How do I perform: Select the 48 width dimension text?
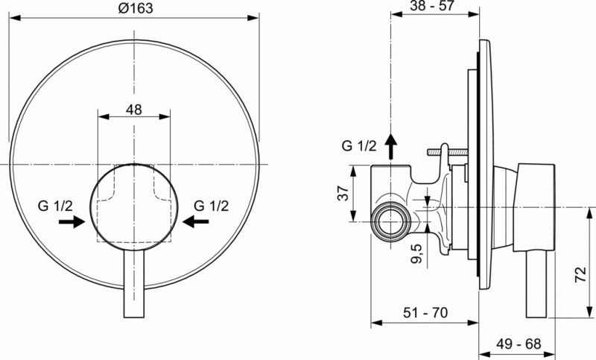[134, 110]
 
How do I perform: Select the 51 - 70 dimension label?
[425, 314]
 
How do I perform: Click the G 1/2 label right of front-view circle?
[210, 205]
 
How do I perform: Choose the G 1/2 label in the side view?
[360, 144]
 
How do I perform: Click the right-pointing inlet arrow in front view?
[73, 221]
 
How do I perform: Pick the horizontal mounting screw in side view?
[445, 153]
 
